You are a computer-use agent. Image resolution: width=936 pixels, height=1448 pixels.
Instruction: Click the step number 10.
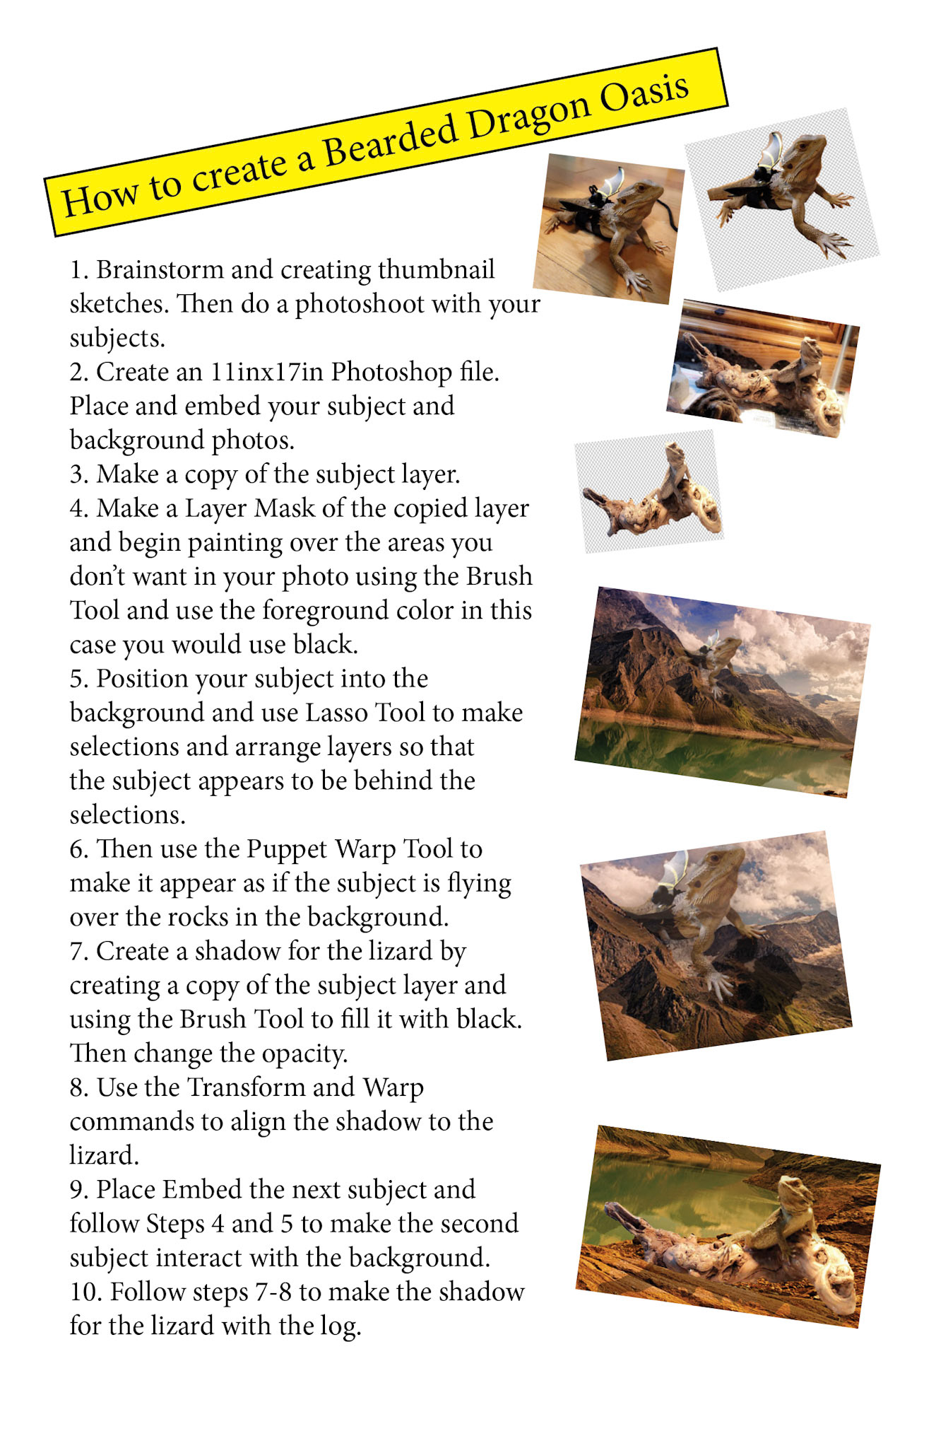click(x=86, y=1292)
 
